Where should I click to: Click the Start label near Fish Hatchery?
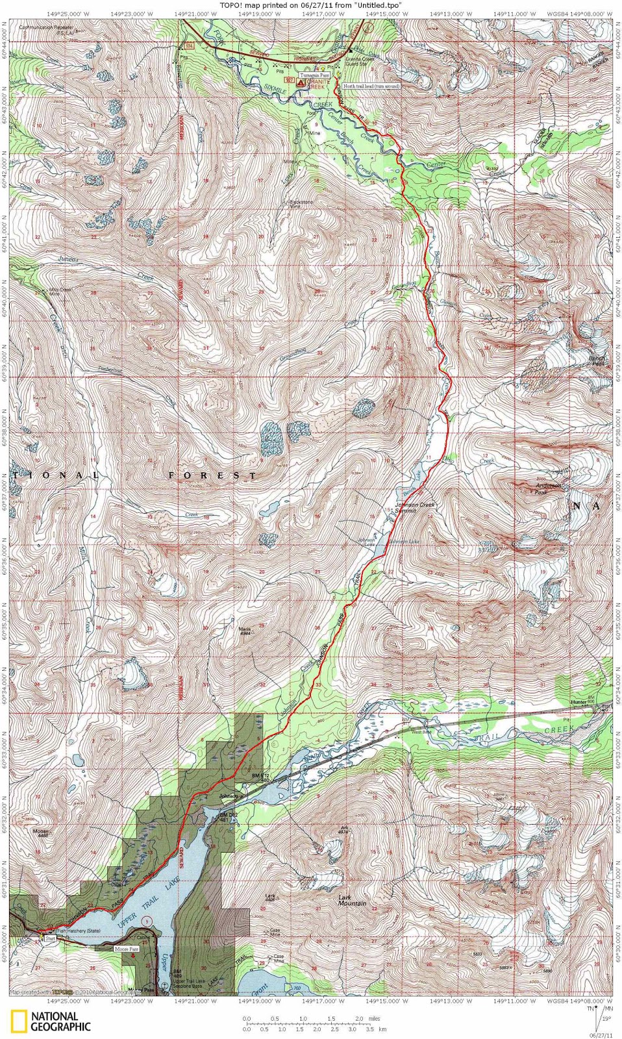click(x=50, y=939)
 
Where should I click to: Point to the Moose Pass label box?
click(x=127, y=949)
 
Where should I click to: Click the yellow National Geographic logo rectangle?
click(x=19, y=1021)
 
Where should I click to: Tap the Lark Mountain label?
click(x=353, y=900)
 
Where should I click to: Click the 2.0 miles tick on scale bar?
click(x=359, y=1019)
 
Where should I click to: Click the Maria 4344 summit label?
click(x=244, y=631)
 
